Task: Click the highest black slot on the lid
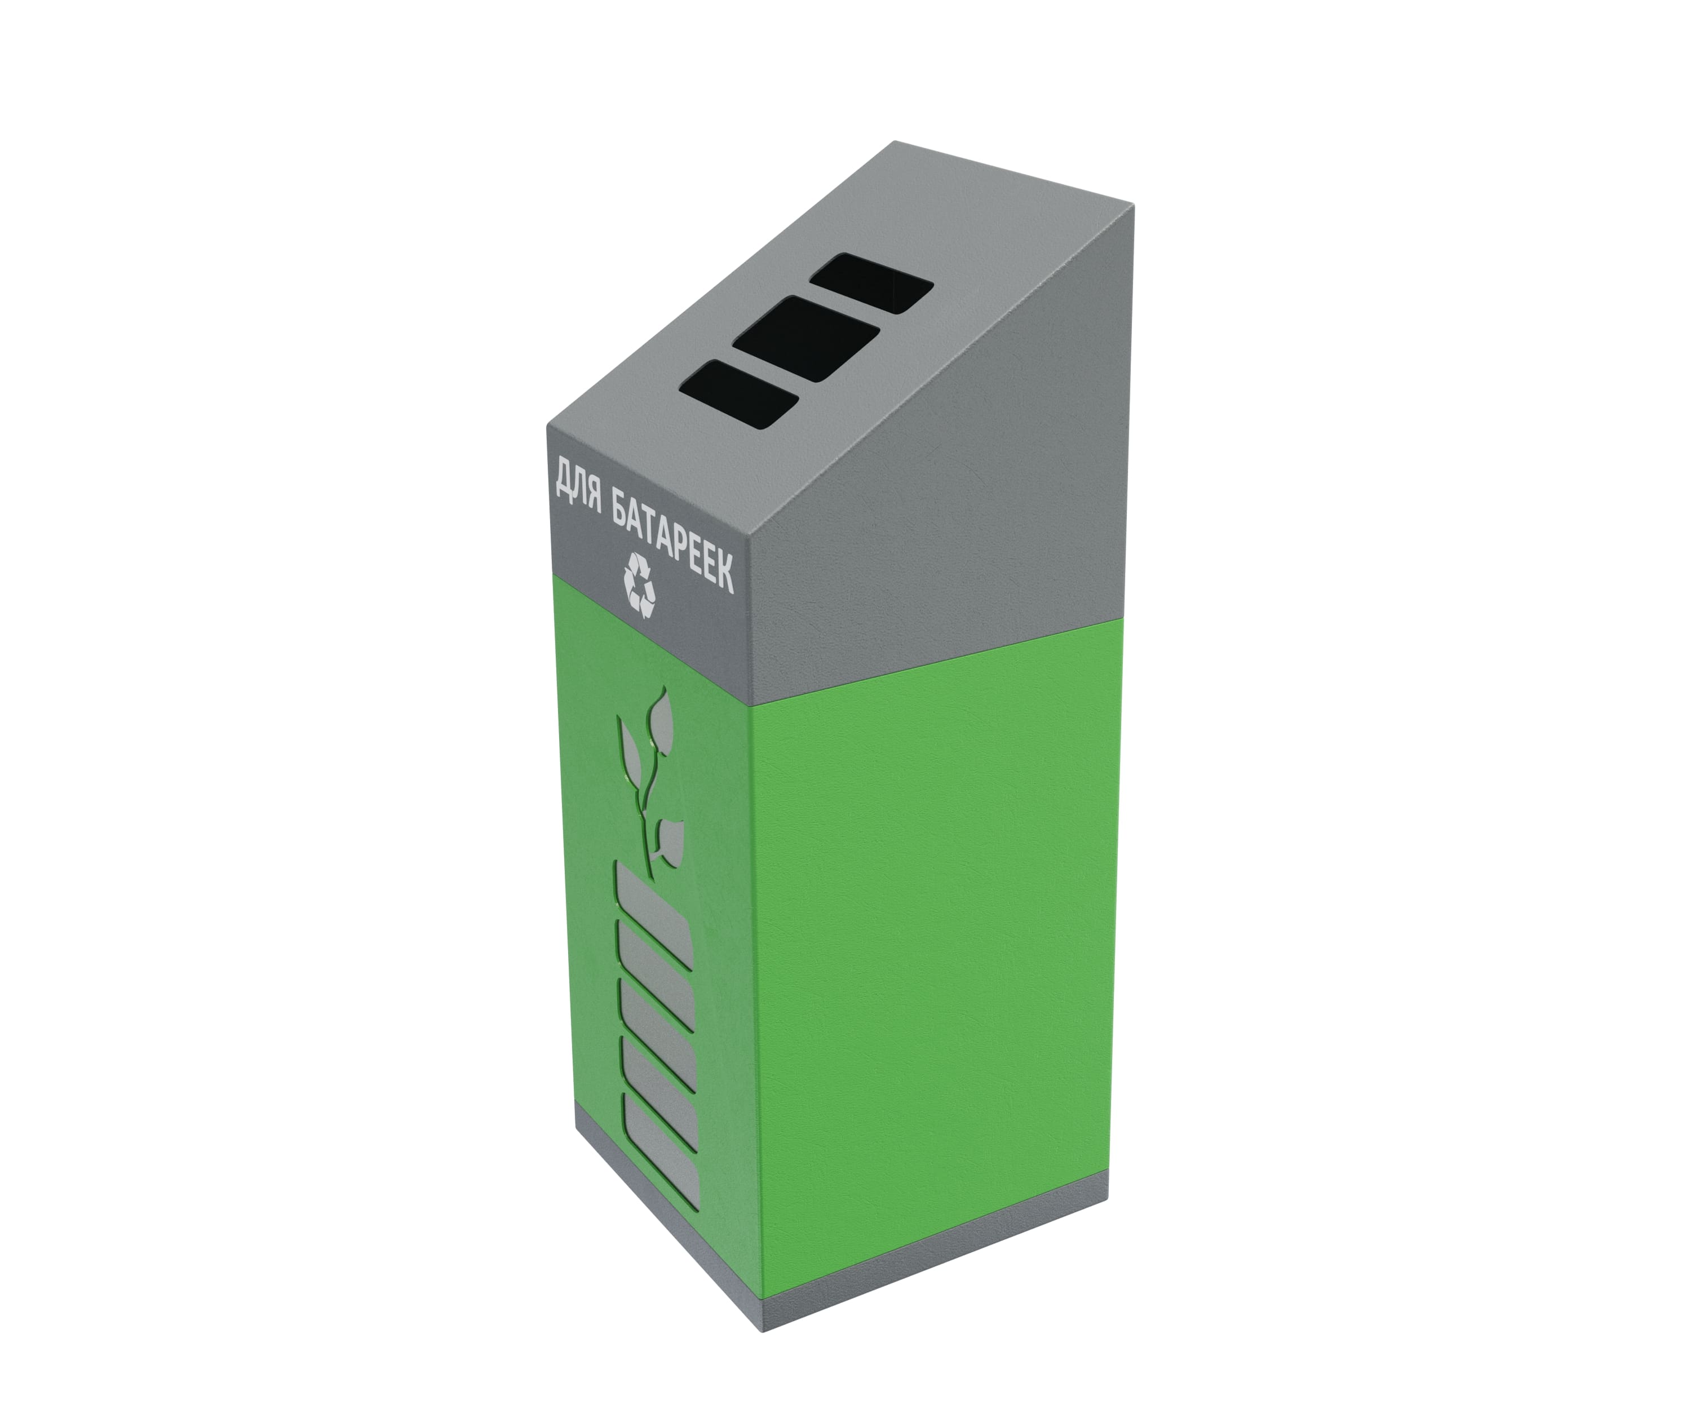pyautogui.click(x=872, y=282)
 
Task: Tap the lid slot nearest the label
pyautogui.click(x=738, y=393)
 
